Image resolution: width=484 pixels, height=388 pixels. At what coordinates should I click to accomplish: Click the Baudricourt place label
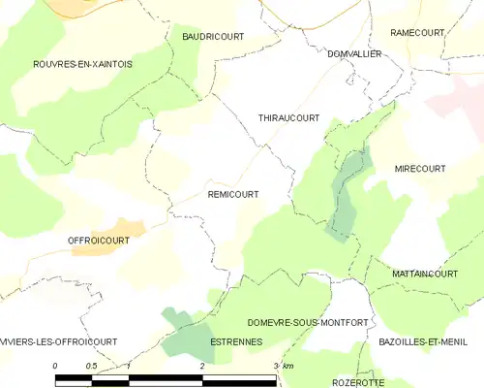click(213, 36)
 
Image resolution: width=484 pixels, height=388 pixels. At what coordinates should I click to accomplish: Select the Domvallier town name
click(354, 54)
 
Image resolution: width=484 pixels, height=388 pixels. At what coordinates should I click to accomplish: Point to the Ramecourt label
click(417, 33)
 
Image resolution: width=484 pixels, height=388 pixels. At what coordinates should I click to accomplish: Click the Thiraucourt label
click(288, 117)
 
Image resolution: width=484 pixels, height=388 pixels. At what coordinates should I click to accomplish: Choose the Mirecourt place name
click(420, 169)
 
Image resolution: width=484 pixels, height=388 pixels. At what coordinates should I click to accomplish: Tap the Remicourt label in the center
click(233, 194)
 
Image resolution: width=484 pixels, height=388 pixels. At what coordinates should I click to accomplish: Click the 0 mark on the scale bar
click(56, 365)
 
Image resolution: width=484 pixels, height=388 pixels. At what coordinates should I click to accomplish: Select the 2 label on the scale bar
click(201, 365)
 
